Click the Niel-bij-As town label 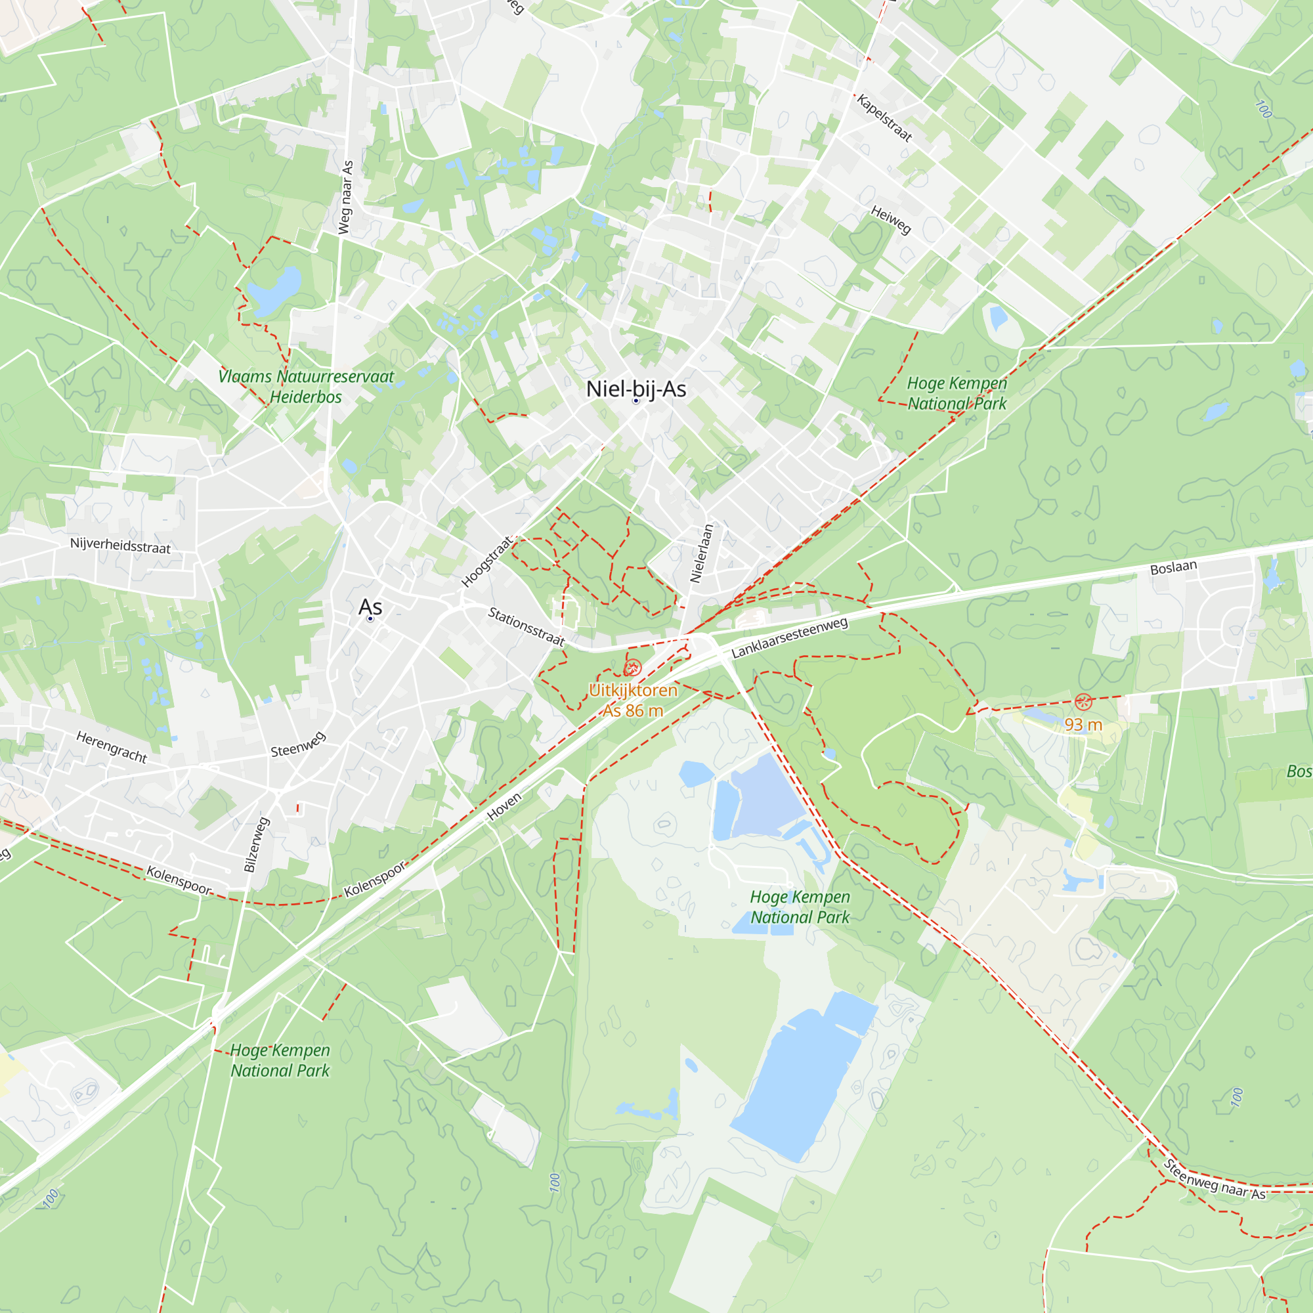tap(635, 389)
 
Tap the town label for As tap(370, 607)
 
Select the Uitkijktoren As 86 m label tap(633, 700)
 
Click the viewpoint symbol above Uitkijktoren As tap(633, 668)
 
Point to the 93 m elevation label tap(1083, 725)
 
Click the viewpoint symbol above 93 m tap(1083, 701)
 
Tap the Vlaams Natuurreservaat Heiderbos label tap(306, 387)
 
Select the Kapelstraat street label tap(884, 118)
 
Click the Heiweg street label tap(890, 220)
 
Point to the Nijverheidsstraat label tap(120, 546)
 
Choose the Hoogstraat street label tap(486, 561)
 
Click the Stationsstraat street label tap(527, 626)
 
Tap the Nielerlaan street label tap(701, 553)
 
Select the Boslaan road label tap(1174, 567)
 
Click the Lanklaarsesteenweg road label tap(790, 637)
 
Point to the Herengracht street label tap(112, 747)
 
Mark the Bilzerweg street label tap(257, 844)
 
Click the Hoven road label tap(504, 807)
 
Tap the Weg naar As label tap(347, 198)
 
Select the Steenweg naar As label tap(1215, 1180)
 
